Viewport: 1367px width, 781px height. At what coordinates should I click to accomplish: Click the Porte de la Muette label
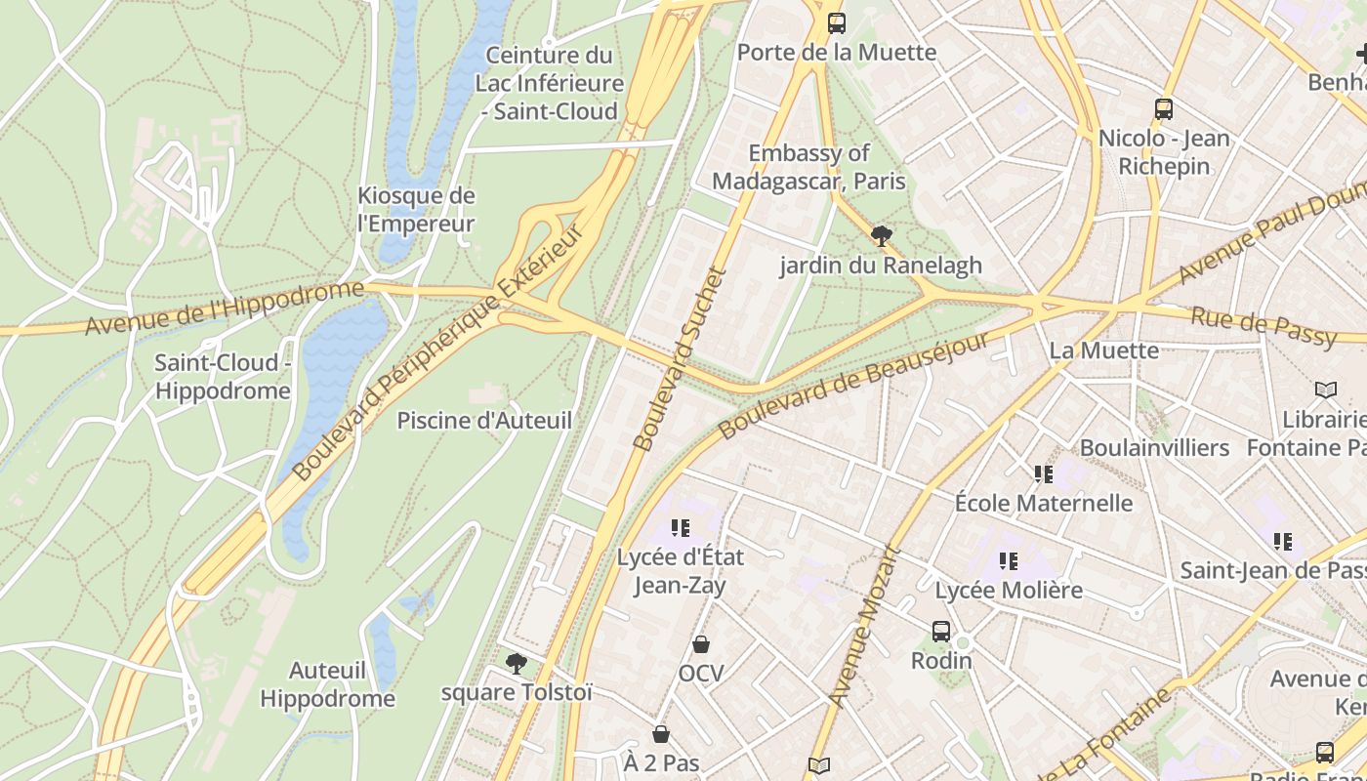pos(837,52)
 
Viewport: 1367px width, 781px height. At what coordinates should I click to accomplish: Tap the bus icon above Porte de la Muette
pos(837,22)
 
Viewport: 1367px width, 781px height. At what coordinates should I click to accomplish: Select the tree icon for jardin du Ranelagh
pos(881,235)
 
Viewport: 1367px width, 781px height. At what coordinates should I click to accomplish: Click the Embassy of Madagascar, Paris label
pos(808,167)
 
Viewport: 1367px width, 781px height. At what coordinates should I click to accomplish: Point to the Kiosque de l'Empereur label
pos(416,209)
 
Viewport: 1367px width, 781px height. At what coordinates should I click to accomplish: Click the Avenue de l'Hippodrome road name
pos(224,308)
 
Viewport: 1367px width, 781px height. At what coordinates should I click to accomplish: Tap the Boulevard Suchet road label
pos(681,359)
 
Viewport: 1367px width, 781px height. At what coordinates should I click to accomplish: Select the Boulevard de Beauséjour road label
pos(853,386)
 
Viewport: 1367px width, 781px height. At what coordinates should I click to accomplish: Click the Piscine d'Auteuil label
pos(484,421)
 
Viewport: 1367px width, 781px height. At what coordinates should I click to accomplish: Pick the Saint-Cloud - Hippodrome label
pos(223,377)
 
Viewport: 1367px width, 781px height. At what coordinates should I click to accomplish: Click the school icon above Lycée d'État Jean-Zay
pos(681,528)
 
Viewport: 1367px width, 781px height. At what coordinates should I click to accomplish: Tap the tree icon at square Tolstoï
pos(517,664)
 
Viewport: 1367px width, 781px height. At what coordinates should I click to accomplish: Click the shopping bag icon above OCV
pos(701,644)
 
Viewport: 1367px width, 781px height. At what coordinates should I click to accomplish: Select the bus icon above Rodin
pos(941,632)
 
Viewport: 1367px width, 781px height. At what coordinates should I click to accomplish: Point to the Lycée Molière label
pos(1009,590)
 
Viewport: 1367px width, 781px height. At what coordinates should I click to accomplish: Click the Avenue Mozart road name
pos(863,625)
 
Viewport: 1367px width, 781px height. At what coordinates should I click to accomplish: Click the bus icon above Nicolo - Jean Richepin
pos(1163,108)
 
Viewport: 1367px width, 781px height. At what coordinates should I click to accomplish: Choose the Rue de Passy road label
pos(1263,326)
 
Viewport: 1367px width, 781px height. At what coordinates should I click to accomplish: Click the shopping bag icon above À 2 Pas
pos(661,734)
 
